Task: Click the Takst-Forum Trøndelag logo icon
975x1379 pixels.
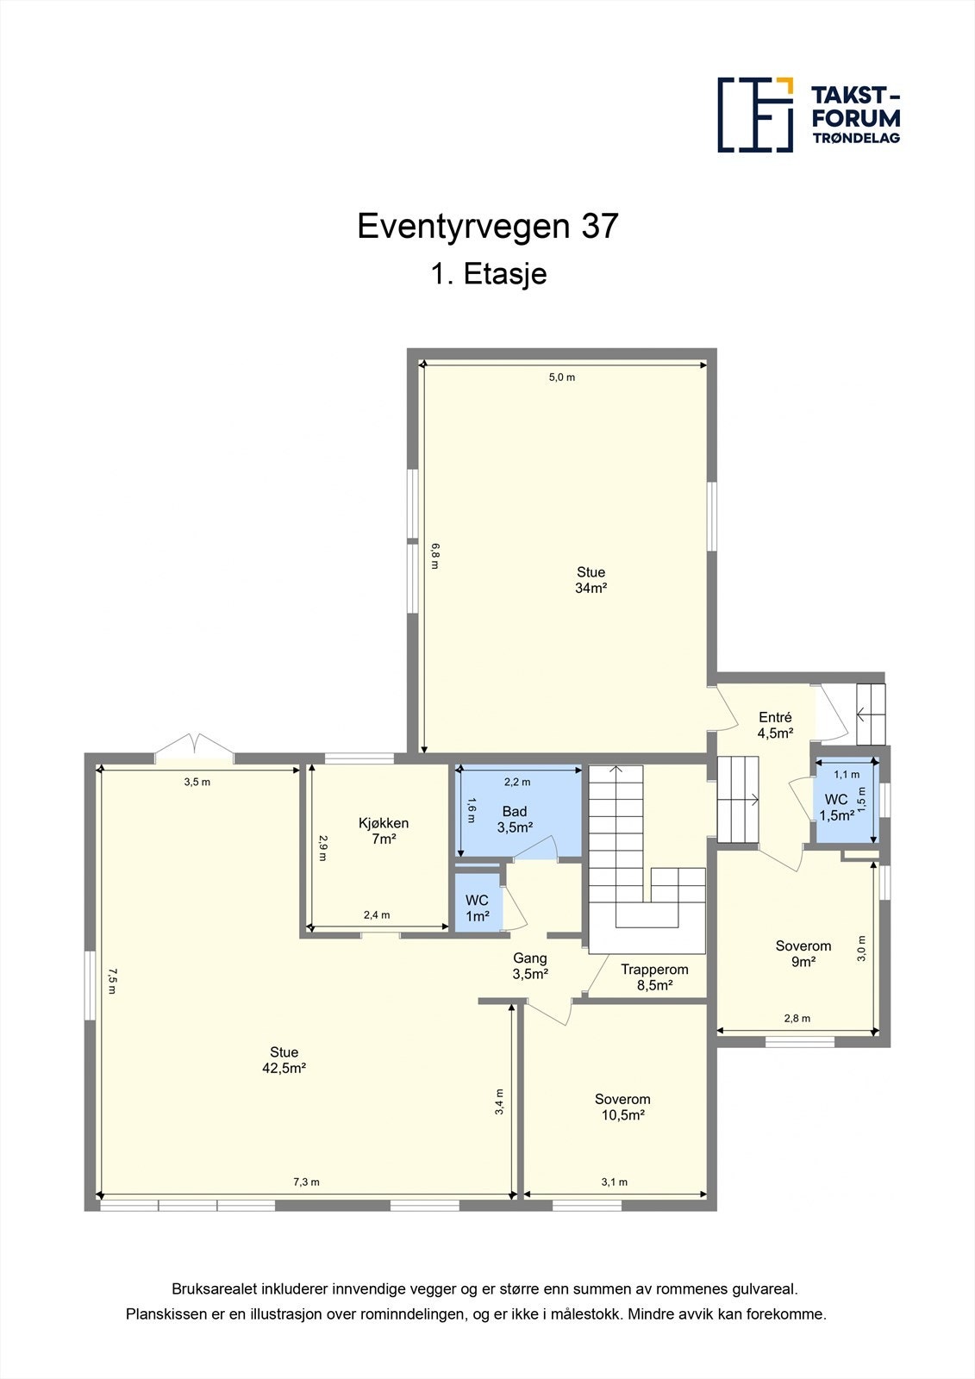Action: pyautogui.click(x=755, y=115)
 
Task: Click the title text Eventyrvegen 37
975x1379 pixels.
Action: pyautogui.click(x=487, y=226)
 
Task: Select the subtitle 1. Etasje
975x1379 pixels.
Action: pyautogui.click(x=488, y=274)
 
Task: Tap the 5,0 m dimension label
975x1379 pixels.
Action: pyautogui.click(x=562, y=378)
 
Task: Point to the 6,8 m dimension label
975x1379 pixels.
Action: pyautogui.click(x=434, y=555)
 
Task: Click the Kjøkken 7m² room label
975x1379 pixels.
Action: pyautogui.click(x=383, y=831)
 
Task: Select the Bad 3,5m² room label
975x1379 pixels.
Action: pyautogui.click(x=515, y=820)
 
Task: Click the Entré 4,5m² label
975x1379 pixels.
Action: pyautogui.click(x=775, y=725)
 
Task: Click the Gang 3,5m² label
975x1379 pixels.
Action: pyautogui.click(x=530, y=966)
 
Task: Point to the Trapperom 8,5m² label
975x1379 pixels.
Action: pyautogui.click(x=654, y=977)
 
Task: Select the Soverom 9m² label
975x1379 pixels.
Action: pyautogui.click(x=803, y=953)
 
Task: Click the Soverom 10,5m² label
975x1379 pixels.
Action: pyautogui.click(x=622, y=1107)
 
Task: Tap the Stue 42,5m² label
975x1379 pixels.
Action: pyautogui.click(x=284, y=1060)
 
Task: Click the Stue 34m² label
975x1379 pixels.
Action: pyautogui.click(x=591, y=580)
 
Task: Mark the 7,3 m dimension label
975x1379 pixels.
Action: pyautogui.click(x=306, y=1182)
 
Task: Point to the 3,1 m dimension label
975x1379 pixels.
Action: pyautogui.click(x=614, y=1182)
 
